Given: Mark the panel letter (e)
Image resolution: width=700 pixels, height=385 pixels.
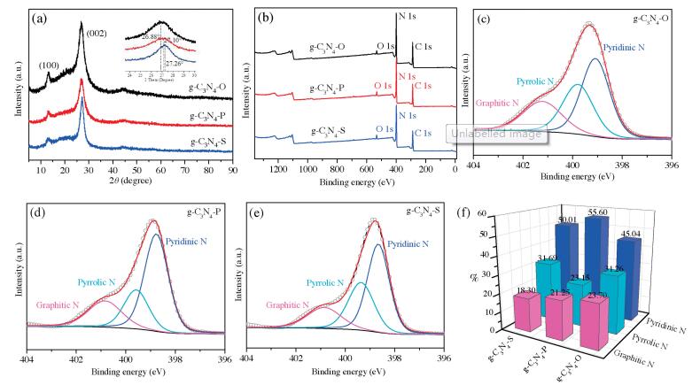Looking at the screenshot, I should pos(256,213).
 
